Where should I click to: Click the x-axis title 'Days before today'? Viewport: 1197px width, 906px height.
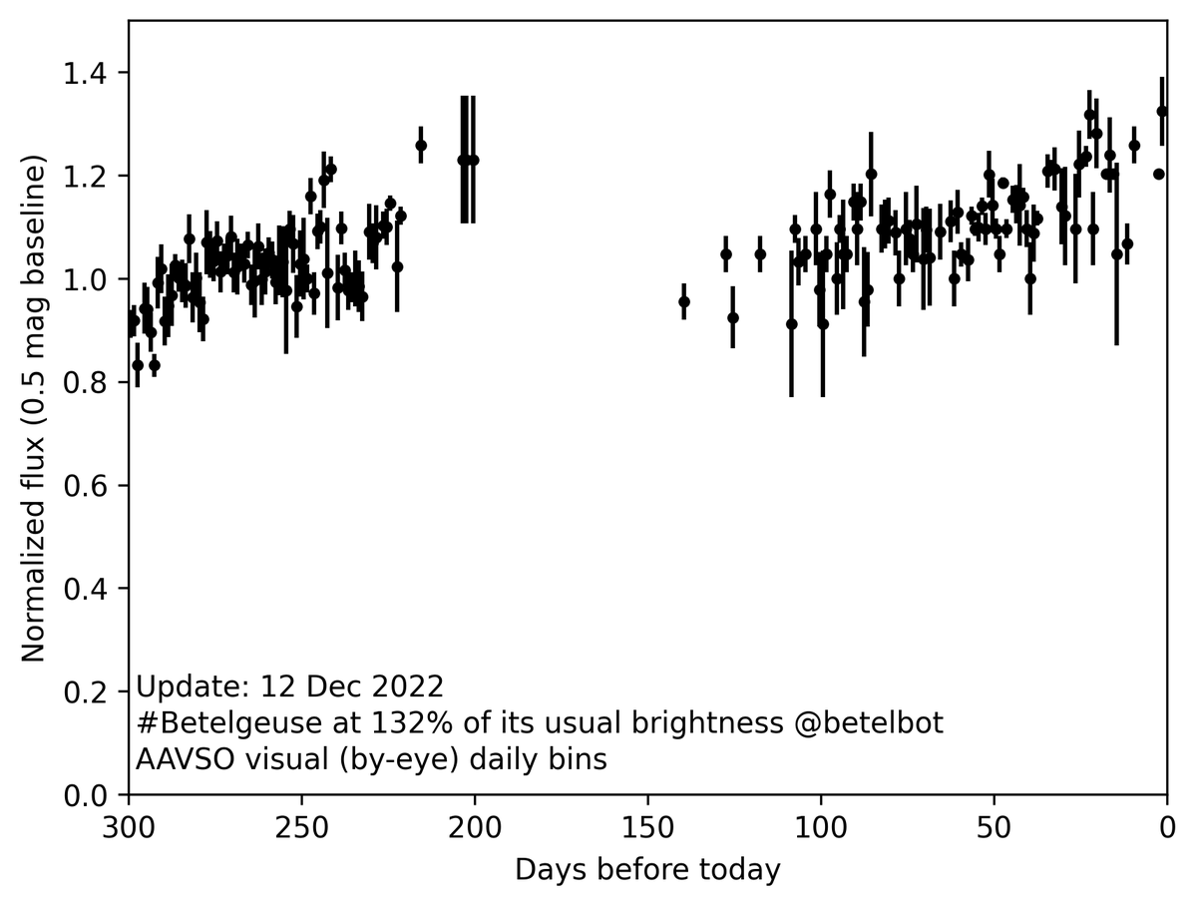pos(647,870)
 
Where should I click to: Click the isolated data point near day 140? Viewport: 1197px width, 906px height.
pos(684,301)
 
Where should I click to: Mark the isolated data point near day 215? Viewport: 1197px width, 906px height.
pos(421,146)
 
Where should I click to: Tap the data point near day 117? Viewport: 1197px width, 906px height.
pos(760,253)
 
